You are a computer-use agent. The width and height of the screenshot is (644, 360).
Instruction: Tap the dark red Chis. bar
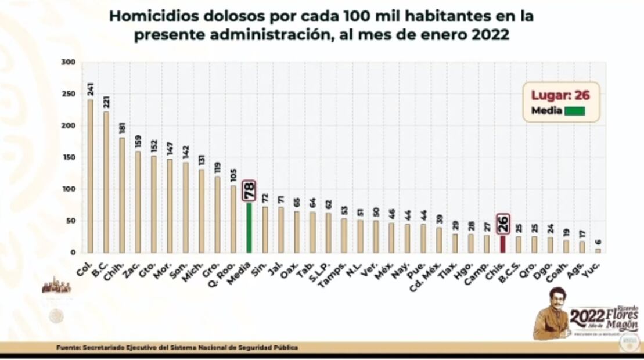[502, 244]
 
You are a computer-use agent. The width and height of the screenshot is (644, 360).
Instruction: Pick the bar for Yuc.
[598, 250]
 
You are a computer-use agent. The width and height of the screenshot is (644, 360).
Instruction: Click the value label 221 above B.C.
[106, 102]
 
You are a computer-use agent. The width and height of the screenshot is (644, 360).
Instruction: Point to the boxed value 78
[249, 190]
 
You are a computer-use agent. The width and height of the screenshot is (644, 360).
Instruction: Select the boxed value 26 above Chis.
[503, 224]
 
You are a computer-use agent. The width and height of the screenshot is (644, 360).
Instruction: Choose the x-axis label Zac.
[134, 264]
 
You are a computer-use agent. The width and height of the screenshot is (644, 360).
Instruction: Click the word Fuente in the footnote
[69, 347]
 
